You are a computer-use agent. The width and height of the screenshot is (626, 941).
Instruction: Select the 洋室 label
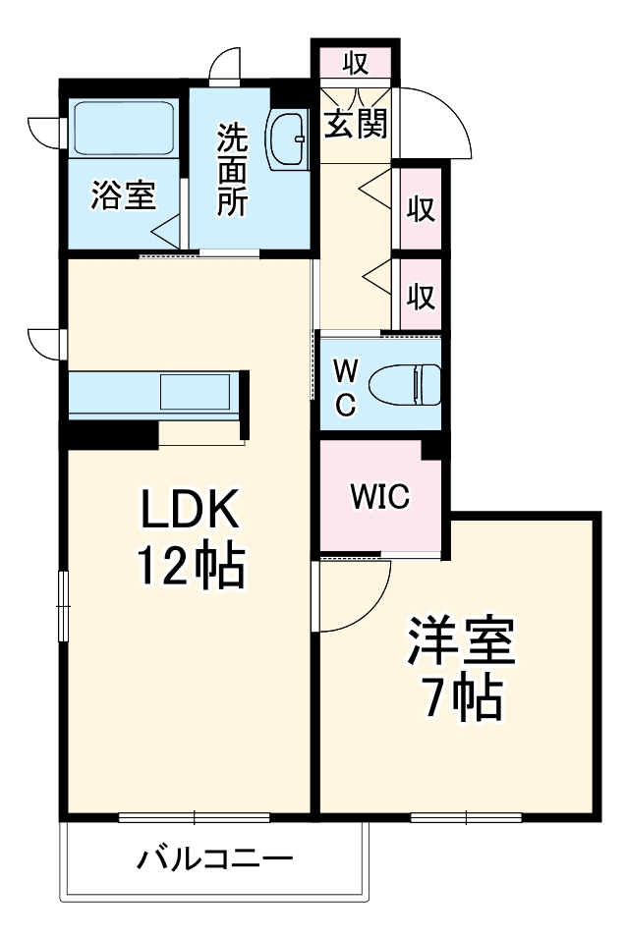click(461, 644)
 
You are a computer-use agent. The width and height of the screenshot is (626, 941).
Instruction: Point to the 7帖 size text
click(461, 698)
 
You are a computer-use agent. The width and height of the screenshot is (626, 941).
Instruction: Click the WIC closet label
click(381, 497)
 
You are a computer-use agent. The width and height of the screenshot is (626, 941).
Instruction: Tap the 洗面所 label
click(232, 170)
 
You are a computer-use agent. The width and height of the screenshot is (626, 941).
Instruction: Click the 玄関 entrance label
click(356, 125)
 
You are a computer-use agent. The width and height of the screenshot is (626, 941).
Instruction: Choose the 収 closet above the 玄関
click(355, 65)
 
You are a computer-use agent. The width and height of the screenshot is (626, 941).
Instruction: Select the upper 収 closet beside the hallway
click(422, 209)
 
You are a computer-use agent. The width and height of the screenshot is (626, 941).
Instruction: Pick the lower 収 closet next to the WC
click(422, 295)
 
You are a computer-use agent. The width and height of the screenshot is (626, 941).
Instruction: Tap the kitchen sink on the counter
click(195, 392)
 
